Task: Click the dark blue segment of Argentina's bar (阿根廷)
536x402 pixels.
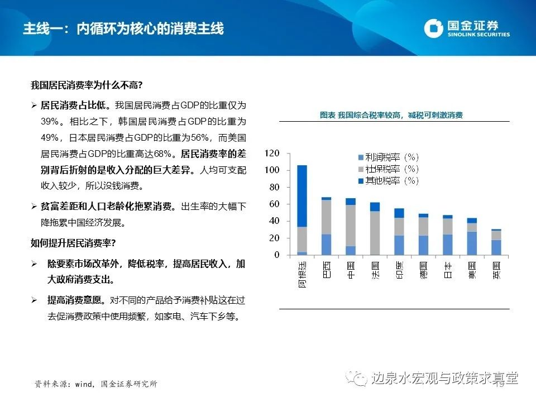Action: (x=302, y=195)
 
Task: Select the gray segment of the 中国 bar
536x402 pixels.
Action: (x=351, y=226)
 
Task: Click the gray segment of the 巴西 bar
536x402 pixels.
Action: (x=326, y=217)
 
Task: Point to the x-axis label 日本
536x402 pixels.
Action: (x=448, y=269)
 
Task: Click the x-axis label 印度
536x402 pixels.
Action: (x=399, y=269)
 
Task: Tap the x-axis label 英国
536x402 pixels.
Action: (x=496, y=269)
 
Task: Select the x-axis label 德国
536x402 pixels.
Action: (x=424, y=269)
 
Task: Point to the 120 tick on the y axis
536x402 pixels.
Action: (x=272, y=153)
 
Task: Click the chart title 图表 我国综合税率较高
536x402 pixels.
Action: (x=391, y=115)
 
